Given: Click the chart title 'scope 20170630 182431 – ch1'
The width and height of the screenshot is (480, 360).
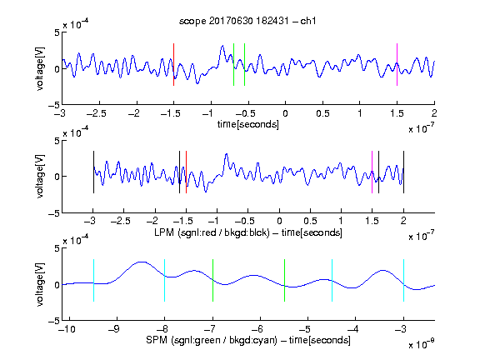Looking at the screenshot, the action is pos(247,21).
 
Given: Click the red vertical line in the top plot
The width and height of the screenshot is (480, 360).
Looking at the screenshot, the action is pos(173,65).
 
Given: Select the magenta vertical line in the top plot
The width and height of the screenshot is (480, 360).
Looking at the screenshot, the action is pos(397,65).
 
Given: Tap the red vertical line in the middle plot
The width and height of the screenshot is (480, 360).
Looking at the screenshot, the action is pos(186,172).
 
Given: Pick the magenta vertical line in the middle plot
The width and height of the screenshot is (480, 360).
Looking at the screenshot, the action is pos(372,172).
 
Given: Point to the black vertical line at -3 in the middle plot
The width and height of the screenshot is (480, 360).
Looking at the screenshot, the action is pos(93,172).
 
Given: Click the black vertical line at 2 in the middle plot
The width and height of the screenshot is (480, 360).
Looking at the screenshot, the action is pos(403,172).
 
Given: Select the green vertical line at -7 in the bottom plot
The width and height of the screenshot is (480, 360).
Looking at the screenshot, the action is pos(212,280).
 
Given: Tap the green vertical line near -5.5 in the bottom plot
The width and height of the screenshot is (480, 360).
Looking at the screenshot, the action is pos(284,280).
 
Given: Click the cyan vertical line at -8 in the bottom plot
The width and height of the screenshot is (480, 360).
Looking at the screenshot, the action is pos(164,280).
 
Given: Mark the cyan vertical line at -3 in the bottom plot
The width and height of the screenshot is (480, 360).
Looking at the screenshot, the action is pos(403,280).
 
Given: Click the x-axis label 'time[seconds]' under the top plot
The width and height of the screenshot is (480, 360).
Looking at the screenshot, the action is pos(248,124).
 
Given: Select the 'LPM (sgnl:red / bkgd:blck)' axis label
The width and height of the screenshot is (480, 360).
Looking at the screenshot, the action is pos(212,232).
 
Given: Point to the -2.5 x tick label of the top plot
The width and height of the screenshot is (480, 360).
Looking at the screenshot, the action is pos(96,113).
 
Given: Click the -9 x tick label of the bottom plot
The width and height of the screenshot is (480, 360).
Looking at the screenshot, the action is pos(113,329).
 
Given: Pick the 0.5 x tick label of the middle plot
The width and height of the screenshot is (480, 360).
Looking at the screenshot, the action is pos(310,221).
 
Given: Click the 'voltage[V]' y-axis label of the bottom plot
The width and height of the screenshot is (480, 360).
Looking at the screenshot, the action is pos(40,284).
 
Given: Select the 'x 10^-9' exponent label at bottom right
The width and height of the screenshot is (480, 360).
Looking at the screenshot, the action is pos(422,344).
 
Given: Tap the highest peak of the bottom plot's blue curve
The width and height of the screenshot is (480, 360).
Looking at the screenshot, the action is pos(142,262).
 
